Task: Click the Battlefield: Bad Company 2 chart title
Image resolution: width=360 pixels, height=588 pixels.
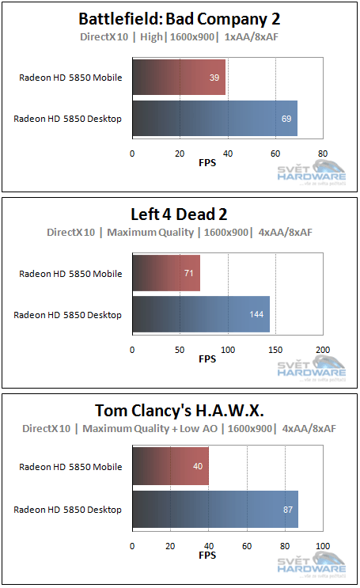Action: point(180,19)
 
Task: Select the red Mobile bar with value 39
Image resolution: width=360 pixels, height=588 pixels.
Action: point(179,78)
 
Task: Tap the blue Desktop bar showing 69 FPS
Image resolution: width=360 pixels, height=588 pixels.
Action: point(214,119)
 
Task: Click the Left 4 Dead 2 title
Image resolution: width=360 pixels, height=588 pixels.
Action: point(180,214)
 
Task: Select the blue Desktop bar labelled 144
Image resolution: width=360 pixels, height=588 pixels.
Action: point(201,314)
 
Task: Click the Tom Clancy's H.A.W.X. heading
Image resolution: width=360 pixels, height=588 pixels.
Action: point(180,410)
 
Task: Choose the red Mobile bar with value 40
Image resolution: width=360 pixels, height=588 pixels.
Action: point(170,467)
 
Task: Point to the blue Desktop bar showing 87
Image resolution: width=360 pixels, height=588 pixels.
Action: point(215,509)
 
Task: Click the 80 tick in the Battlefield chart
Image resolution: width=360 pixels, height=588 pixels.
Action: point(322,154)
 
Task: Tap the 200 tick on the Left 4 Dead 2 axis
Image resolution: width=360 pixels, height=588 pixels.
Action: point(322,349)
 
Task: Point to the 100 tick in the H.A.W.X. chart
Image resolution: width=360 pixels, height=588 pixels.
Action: point(322,546)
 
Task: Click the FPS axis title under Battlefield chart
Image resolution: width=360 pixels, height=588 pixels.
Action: point(207,164)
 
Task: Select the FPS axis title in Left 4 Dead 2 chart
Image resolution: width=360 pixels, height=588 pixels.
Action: point(207,359)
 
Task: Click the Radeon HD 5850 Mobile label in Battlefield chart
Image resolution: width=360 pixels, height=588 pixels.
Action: point(71,78)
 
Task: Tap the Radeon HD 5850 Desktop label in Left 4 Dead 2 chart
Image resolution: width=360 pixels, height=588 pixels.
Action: point(68,315)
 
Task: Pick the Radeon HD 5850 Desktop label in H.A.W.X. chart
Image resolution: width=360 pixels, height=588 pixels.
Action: point(68,510)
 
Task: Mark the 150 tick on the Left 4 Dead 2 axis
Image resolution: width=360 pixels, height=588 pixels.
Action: point(275,349)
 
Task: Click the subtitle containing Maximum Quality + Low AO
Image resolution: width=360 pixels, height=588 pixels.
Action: point(180,428)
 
